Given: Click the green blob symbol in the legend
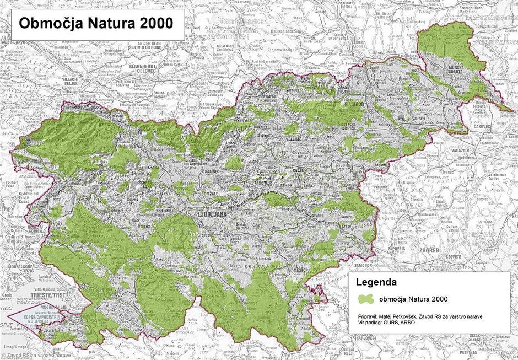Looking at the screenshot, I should pyautogui.click(x=366, y=299).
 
